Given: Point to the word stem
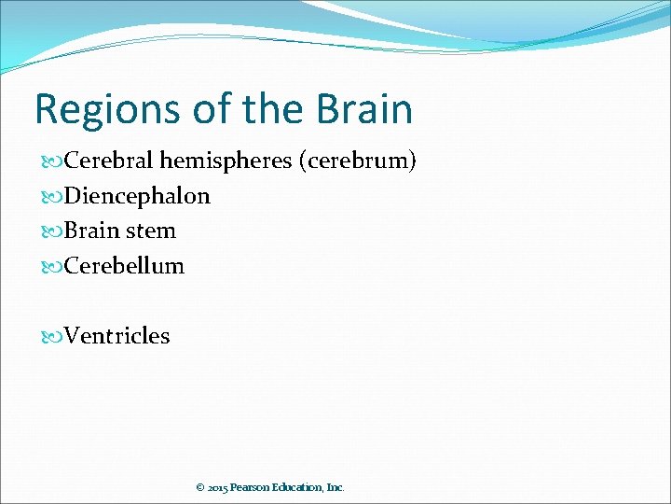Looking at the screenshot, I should (x=151, y=231).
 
